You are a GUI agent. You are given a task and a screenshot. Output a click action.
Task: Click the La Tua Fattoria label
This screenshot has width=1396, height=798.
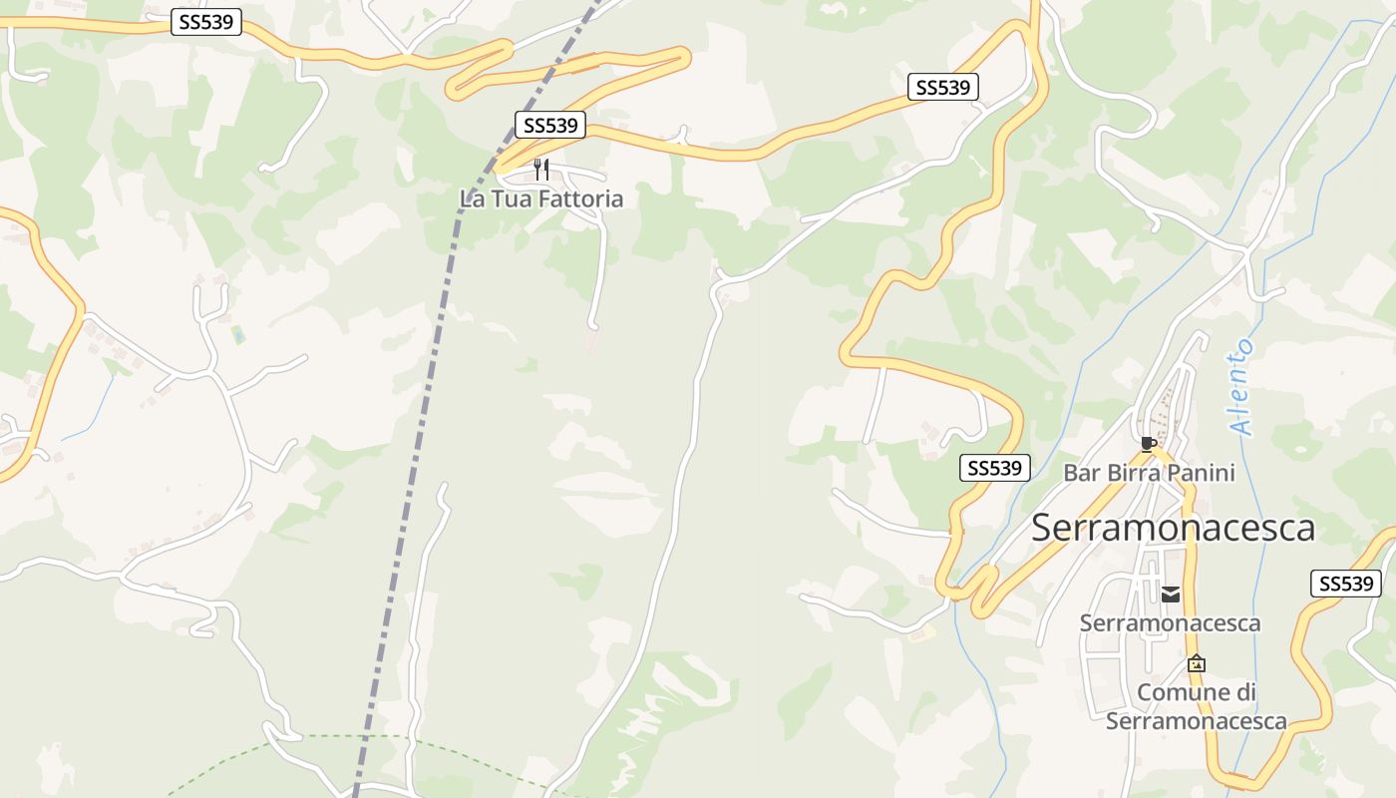541,199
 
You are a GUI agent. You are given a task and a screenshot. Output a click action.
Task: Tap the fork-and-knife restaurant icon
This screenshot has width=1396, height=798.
541,169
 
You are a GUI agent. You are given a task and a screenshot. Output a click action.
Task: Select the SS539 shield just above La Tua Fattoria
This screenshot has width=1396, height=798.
550,126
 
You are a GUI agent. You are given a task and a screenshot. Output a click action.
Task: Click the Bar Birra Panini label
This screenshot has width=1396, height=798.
1149,473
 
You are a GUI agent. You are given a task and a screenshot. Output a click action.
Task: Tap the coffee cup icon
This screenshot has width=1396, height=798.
1148,444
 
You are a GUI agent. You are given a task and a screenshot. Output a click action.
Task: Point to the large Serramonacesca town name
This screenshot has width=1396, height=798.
1173,528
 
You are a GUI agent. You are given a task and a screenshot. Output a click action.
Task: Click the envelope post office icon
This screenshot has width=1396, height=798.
1171,595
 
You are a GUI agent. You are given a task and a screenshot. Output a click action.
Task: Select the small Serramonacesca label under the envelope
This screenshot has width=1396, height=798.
1170,623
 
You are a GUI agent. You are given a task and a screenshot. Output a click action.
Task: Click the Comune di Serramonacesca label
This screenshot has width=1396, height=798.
1196,706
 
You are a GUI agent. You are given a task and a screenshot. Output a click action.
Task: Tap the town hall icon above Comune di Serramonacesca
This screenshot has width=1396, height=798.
1196,663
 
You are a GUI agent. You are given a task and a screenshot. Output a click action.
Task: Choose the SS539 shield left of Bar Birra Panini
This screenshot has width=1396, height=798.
994,468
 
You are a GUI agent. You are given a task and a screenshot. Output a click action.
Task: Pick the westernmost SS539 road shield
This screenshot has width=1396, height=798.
206,22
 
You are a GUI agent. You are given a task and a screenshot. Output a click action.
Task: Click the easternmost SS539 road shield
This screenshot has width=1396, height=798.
1345,584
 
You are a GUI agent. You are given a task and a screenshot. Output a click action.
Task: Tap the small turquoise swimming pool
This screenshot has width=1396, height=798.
238,334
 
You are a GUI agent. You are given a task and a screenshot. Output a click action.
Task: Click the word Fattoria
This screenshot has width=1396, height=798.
580,199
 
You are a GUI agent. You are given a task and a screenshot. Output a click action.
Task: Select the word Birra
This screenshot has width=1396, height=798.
1149,473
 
